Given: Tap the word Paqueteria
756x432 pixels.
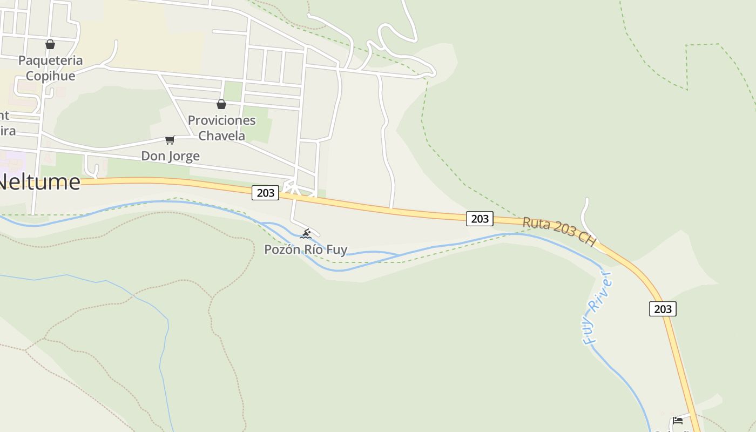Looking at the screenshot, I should click(51, 60).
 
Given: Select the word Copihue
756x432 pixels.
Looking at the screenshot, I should click(51, 76).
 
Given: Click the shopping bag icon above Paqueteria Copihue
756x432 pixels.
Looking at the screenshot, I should click(50, 44).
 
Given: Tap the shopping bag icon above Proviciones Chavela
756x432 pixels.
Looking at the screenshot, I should click(221, 104).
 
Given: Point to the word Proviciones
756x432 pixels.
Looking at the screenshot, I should click(221, 120).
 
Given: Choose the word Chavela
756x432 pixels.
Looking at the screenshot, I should click(221, 136).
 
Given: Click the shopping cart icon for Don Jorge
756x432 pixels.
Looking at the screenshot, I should click(170, 140).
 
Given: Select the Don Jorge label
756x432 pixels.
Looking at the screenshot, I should click(170, 156).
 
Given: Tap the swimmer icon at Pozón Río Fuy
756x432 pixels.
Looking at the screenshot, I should click(306, 234).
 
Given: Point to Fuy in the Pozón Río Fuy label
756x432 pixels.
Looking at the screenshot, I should click(337, 249).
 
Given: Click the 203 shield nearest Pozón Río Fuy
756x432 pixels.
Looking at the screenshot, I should click(265, 193).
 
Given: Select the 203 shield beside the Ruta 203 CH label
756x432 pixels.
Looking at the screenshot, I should click(480, 218).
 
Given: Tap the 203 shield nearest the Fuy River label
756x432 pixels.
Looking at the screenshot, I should click(663, 309).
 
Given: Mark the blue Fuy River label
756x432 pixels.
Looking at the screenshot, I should click(598, 308).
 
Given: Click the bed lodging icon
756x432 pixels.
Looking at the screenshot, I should click(678, 420).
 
